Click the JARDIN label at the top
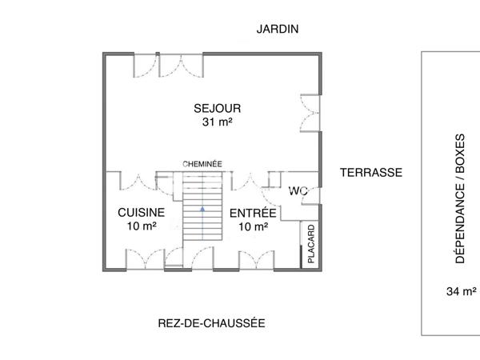click(x=277, y=29)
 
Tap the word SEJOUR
click(x=217, y=108)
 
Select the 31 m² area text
click(x=217, y=122)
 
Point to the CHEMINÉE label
click(x=202, y=163)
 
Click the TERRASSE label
click(x=370, y=172)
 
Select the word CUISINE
click(x=141, y=213)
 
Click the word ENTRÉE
click(x=253, y=214)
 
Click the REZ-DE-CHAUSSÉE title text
click(x=211, y=323)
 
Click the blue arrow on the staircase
click(x=202, y=209)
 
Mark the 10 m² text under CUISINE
click(x=141, y=226)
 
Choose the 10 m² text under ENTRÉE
click(x=253, y=227)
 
